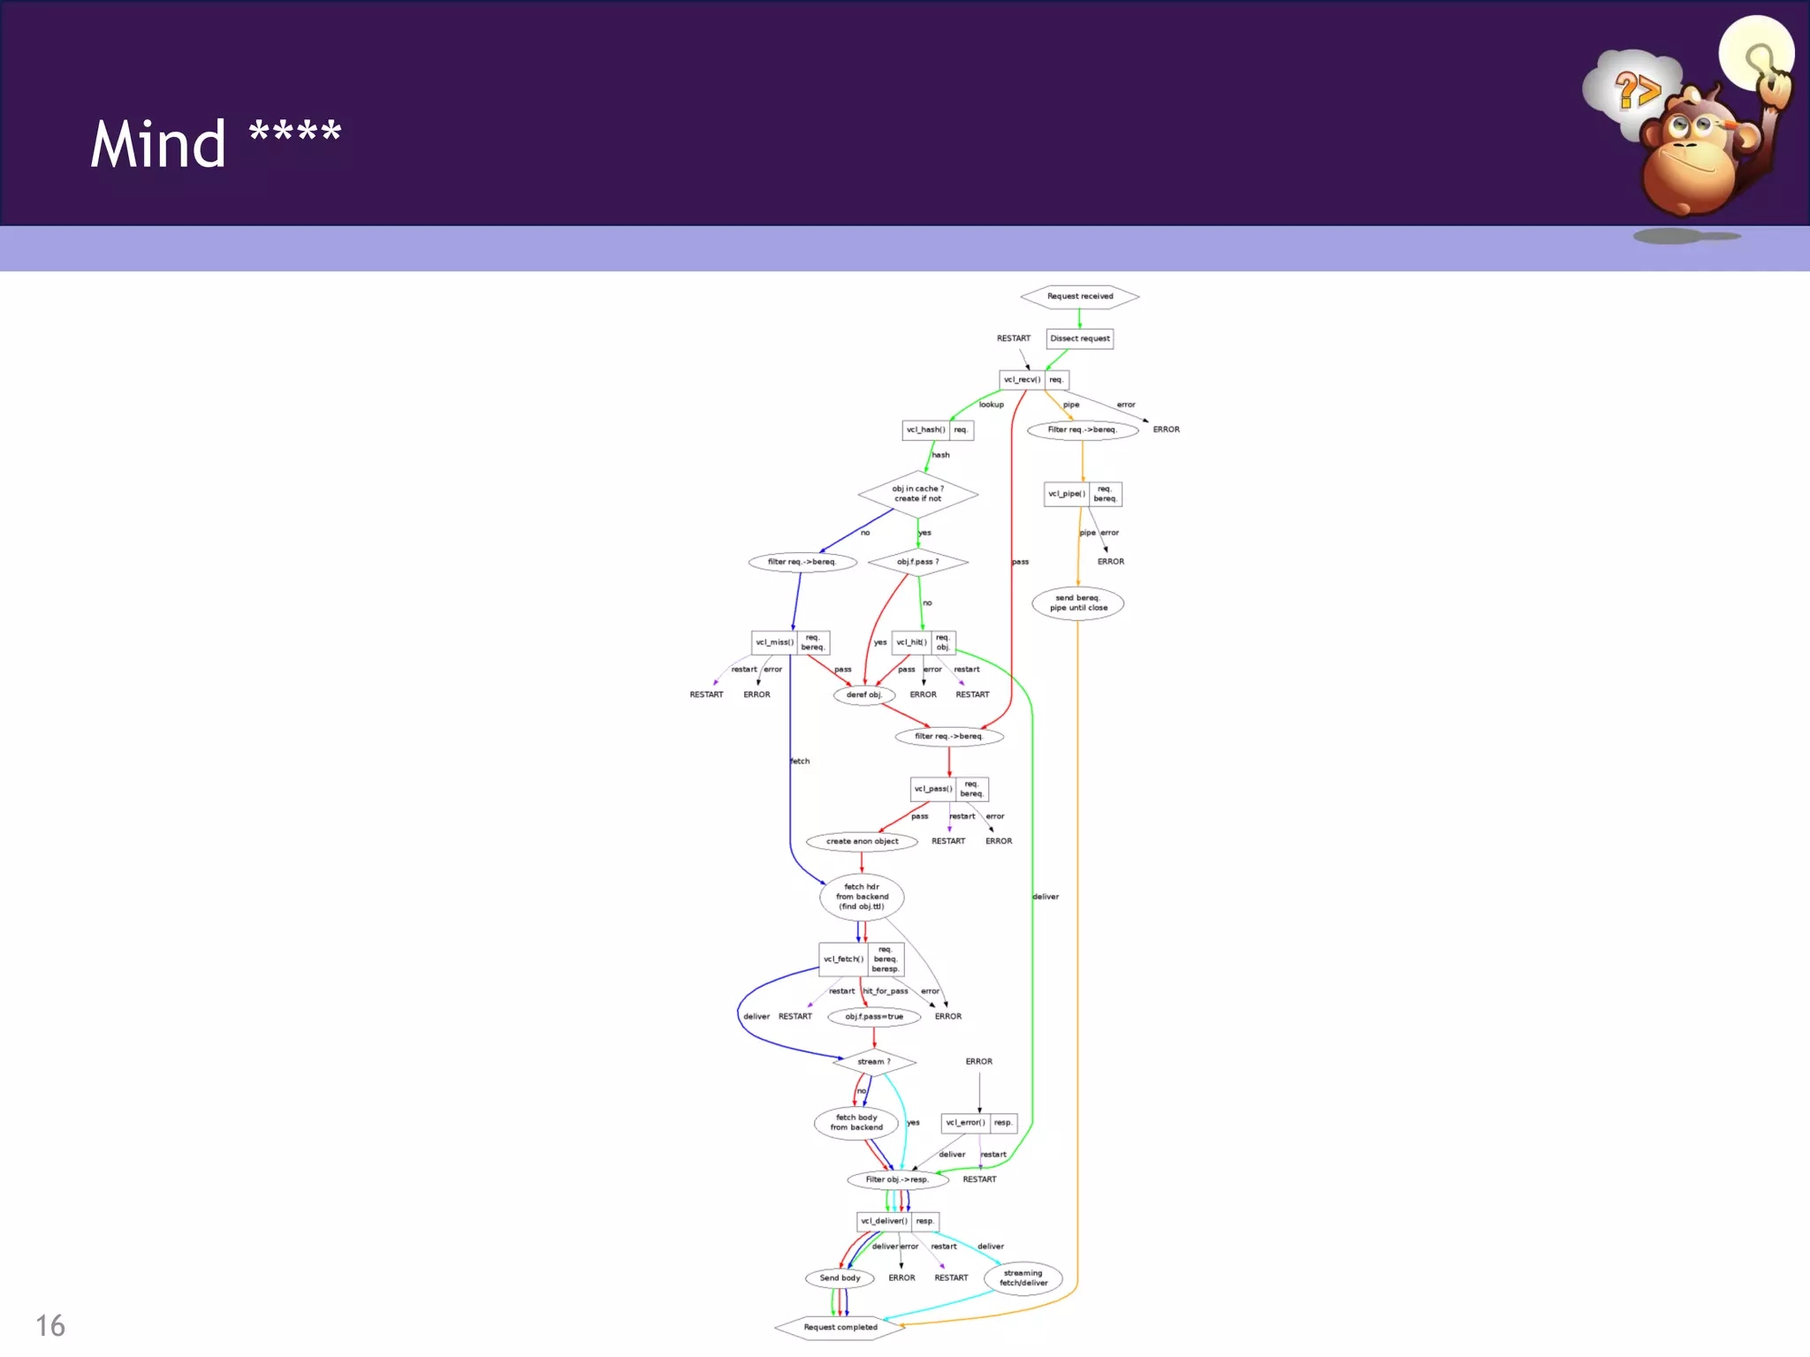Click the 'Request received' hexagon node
point(1079,297)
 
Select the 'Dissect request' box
point(1079,338)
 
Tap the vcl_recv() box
point(1023,380)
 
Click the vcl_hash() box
point(926,430)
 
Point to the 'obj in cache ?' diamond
point(917,494)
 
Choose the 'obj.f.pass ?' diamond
point(917,562)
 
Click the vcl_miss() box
point(775,642)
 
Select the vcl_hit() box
point(912,642)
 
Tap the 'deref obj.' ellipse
point(863,695)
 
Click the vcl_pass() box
point(933,789)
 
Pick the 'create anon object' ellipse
point(862,842)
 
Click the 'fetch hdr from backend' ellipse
point(862,897)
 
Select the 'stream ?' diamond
point(874,1062)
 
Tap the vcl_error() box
point(965,1123)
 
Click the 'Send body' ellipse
point(840,1278)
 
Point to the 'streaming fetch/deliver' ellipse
point(1023,1278)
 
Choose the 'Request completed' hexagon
point(840,1328)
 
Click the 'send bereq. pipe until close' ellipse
point(1078,603)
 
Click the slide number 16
point(50,1326)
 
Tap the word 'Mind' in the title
point(158,144)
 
